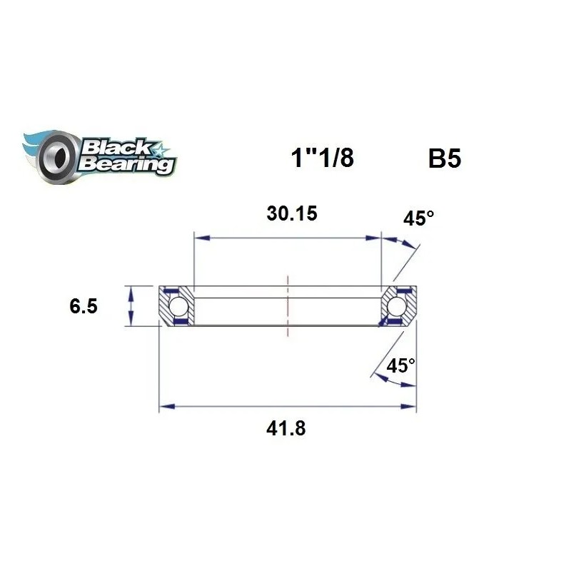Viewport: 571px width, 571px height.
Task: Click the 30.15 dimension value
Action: coord(292,213)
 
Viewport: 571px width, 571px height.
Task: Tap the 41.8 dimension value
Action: coord(286,428)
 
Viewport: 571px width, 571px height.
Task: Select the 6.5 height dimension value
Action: coord(84,306)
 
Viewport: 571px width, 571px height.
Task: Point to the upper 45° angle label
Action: coord(419,218)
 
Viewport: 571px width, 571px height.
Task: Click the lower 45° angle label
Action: coord(400,365)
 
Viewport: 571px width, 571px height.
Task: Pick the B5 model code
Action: coord(445,158)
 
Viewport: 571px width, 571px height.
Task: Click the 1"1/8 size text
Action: coord(323,158)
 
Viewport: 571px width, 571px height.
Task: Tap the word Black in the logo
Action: coord(116,148)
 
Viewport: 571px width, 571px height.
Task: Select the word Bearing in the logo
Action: coord(126,165)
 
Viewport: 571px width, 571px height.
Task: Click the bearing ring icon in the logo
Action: coord(57,157)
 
